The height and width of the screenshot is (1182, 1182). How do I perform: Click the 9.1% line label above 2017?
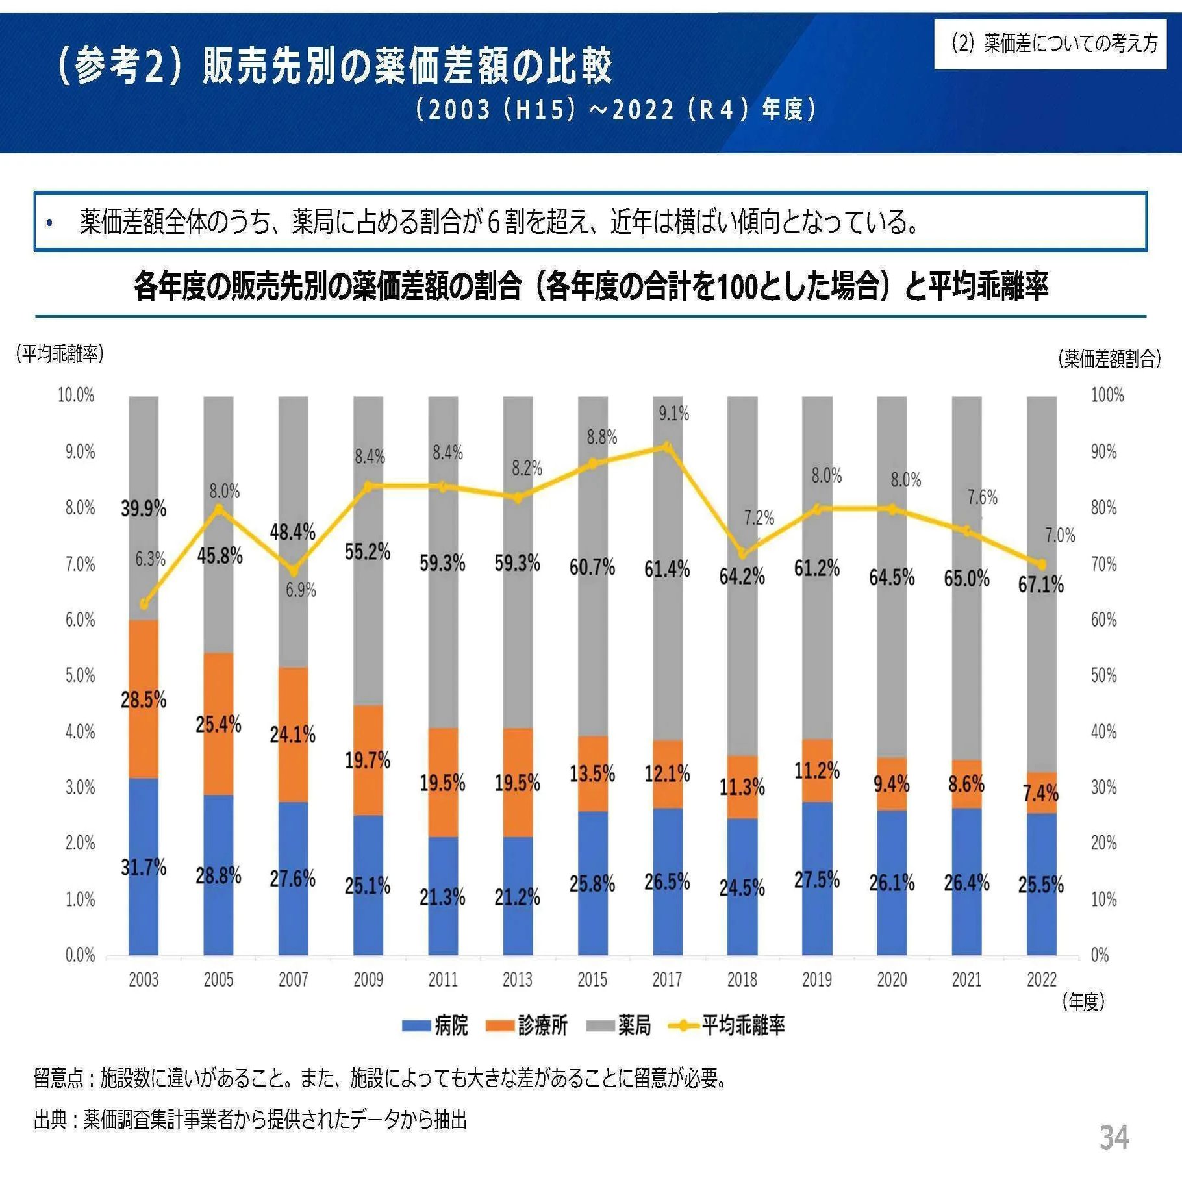(673, 414)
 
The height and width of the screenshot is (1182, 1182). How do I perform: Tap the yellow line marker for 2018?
(742, 553)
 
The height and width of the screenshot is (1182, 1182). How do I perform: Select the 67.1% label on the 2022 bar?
(1040, 585)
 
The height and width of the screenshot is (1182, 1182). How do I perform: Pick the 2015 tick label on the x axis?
(592, 979)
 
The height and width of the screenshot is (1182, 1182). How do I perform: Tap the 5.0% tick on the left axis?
(80, 675)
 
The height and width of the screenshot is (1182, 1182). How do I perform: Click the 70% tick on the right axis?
(1103, 564)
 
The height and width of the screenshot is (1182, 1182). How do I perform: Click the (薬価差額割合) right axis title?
(1109, 358)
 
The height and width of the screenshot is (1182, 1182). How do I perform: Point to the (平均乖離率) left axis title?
(60, 354)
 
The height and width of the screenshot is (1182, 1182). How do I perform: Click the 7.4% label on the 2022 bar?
(1040, 793)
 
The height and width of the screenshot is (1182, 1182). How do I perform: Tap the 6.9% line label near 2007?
(301, 590)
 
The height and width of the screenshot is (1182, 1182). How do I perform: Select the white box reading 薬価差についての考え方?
(1050, 44)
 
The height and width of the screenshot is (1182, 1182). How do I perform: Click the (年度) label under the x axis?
(1083, 1001)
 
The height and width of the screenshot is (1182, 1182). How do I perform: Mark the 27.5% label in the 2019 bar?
(816, 880)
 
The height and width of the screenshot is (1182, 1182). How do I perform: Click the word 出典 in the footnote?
(50, 1120)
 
